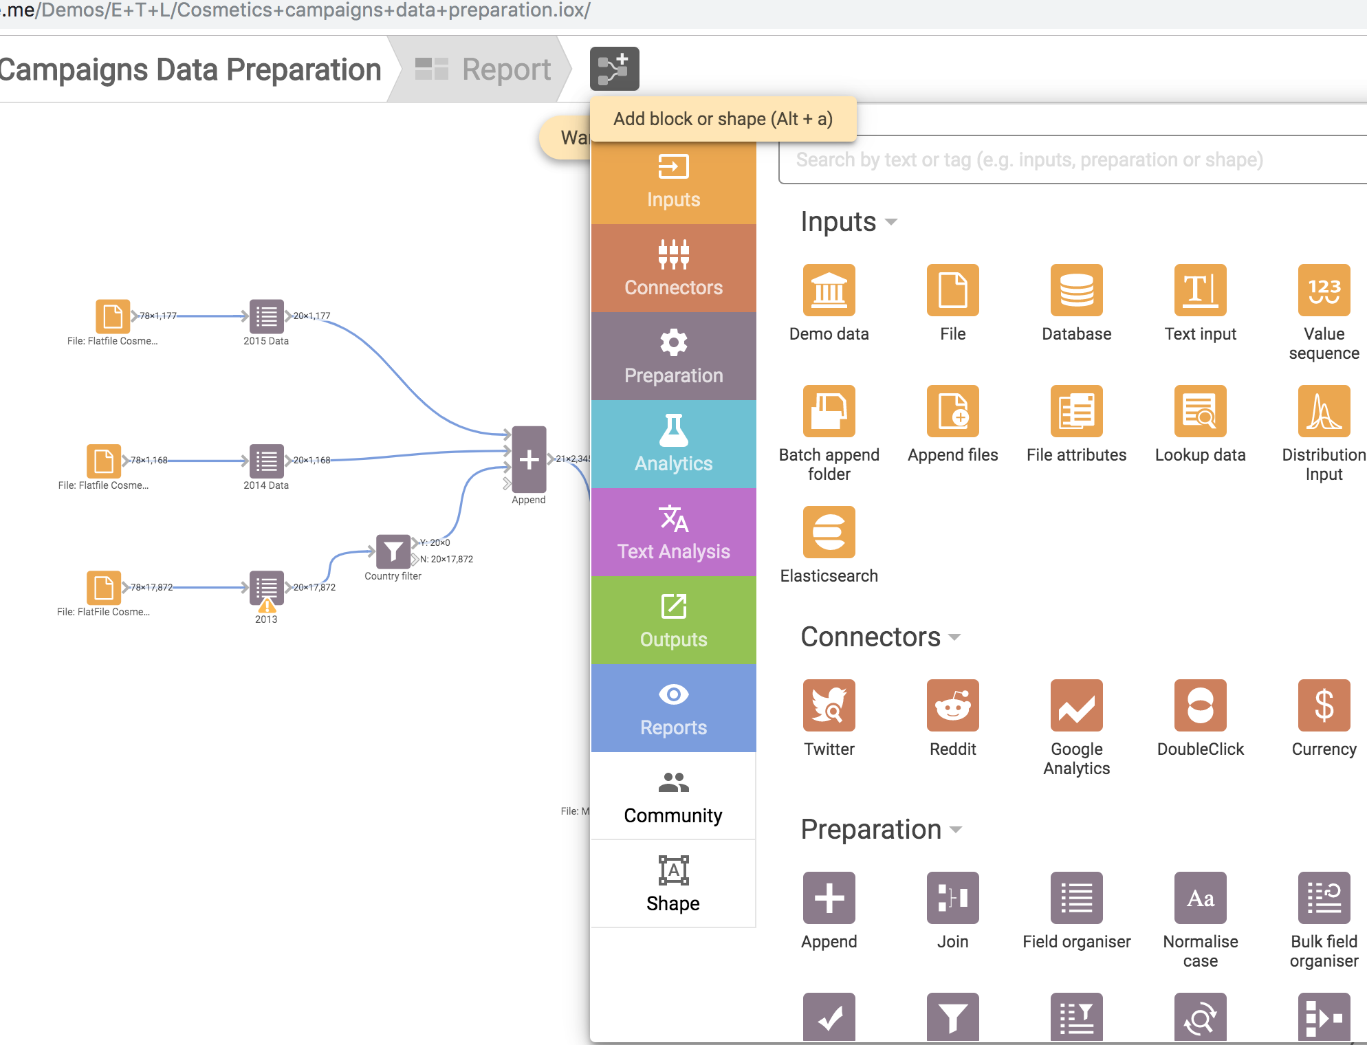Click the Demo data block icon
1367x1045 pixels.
[829, 290]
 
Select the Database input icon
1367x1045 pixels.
[1076, 290]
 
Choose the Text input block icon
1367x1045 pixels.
[1200, 290]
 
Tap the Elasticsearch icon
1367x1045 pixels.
[829, 532]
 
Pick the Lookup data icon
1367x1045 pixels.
[1200, 411]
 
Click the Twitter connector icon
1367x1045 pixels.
[829, 705]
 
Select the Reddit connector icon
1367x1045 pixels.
[952, 705]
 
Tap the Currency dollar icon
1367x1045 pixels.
[1324, 705]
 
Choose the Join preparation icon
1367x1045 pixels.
[952, 898]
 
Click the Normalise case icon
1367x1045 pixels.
[1200, 898]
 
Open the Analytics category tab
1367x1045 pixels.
[673, 444]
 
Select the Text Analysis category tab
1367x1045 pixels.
[673, 532]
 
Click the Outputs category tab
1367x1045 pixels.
[673, 620]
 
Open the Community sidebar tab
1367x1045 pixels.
[673, 796]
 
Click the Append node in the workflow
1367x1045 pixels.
[529, 459]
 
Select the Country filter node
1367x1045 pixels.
[393, 551]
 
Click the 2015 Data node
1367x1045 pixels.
[266, 316]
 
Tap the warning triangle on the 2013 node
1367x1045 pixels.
[267, 606]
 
